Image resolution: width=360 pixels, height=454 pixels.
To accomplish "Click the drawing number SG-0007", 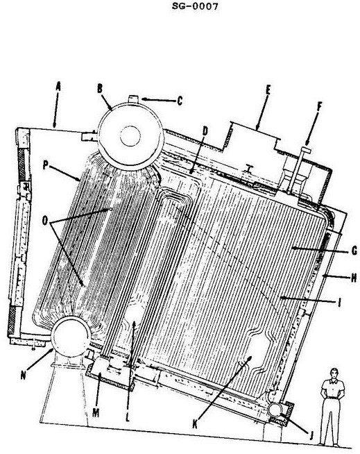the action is tap(195, 6).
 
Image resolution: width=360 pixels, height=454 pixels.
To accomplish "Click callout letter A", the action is tap(58, 87).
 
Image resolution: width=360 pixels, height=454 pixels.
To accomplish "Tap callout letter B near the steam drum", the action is tap(100, 89).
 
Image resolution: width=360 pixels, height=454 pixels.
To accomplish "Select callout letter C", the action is tap(180, 101).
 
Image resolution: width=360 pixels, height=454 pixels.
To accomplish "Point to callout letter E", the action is tap(268, 90).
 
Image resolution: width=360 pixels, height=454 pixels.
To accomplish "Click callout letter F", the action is tap(319, 106).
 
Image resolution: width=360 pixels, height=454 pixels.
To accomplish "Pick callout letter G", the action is tap(354, 251).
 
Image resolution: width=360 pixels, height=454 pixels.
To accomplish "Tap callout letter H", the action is tap(354, 278).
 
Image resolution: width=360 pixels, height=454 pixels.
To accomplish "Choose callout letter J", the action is tap(311, 435).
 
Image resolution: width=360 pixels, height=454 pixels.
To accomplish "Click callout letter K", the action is tap(195, 424).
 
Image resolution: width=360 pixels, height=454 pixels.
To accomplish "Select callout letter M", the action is tap(96, 412).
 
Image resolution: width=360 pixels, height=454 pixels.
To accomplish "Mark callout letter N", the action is tap(24, 375).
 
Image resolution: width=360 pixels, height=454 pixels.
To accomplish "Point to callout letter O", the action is tap(45, 221).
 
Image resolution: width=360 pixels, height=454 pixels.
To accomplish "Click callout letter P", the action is tap(45, 165).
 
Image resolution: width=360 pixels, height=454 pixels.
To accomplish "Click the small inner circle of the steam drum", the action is tap(130, 136).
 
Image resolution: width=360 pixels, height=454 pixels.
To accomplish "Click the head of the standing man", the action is tap(334, 373).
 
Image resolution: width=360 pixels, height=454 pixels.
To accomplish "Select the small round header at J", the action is tap(274, 409).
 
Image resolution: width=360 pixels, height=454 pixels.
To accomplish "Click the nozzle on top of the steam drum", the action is tap(134, 99).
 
